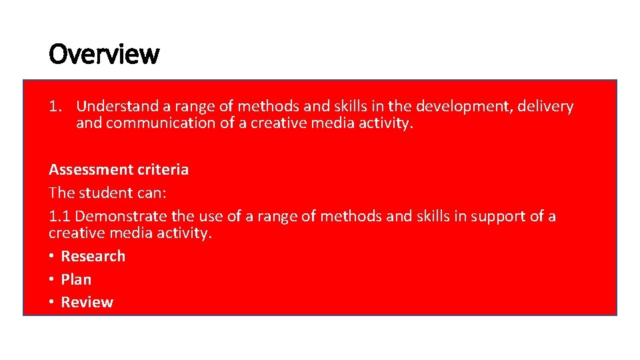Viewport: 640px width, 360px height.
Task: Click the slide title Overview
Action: [104, 54]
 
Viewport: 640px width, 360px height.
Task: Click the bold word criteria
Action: [163, 170]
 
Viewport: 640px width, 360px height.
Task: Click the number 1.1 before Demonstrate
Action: [59, 217]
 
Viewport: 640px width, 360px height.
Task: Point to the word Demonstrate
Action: [120, 217]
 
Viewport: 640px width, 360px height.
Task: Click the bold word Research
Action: [93, 256]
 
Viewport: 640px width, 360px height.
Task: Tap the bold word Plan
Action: [76, 279]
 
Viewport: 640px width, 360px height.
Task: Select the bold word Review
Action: [87, 303]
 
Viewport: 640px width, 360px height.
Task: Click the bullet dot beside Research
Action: [51, 256]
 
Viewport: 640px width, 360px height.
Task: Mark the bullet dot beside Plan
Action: [51, 279]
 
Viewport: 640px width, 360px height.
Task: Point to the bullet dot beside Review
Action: [51, 303]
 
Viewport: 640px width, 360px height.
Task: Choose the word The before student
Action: [61, 193]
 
